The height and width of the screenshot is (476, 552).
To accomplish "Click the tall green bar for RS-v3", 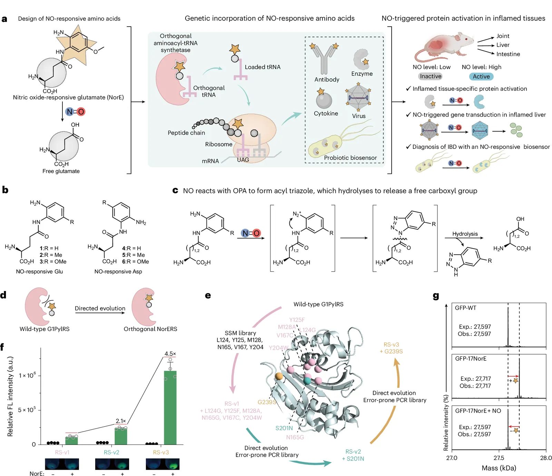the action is [170, 408].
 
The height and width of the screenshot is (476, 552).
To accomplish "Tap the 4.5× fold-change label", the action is [170, 354].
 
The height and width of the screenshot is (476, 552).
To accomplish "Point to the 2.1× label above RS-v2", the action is [121, 421].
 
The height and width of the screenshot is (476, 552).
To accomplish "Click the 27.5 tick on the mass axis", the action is [499, 458].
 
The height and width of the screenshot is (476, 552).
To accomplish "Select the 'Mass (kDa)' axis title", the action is [499, 468].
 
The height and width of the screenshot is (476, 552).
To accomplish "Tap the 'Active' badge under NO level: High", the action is [481, 77].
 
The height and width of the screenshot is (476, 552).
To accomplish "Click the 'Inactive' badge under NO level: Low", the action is [431, 76].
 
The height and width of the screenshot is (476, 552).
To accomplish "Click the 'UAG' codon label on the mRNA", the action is [243, 160].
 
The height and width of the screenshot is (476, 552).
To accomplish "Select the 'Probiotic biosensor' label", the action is [350, 158].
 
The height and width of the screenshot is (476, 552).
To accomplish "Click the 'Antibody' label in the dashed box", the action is [327, 79].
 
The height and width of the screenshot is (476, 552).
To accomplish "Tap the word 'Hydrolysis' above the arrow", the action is [465, 234].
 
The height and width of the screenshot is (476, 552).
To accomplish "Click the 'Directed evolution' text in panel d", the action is [100, 308].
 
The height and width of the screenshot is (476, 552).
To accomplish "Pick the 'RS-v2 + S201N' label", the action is [353, 455].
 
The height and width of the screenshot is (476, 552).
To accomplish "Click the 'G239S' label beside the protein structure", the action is [267, 402].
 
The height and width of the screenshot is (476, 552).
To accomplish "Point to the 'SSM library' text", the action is [240, 333].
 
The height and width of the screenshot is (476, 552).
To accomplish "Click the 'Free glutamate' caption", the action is [61, 171].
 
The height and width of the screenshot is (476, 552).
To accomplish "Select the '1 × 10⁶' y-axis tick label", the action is [27, 375].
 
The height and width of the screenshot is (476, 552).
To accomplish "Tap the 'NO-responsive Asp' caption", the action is [118, 272].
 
